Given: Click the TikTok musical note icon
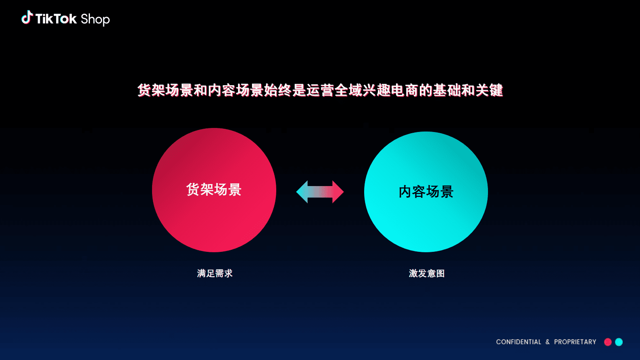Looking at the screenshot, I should [27, 17].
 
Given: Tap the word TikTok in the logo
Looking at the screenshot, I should [56, 19].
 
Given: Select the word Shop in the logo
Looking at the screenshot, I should [95, 19].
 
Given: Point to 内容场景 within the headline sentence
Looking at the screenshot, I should [236, 90].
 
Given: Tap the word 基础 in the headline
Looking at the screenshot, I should [447, 90].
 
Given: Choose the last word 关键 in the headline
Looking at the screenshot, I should [489, 90].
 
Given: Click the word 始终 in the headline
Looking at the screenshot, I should [278, 90].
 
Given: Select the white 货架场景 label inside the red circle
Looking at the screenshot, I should [214, 189].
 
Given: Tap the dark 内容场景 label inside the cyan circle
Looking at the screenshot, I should [426, 192].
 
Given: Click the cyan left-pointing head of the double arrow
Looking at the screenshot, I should [303, 192].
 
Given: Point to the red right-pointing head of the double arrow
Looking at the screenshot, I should [338, 192].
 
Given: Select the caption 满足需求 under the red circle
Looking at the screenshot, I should [215, 273].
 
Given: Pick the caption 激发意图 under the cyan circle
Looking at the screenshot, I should [427, 273].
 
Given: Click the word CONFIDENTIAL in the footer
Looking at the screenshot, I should [518, 342].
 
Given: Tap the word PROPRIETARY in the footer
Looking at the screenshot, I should [575, 342].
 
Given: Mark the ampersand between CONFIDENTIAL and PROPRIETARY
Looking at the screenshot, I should [548, 342].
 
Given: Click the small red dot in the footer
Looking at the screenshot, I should [608, 342].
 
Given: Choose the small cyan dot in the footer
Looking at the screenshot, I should [619, 342].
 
